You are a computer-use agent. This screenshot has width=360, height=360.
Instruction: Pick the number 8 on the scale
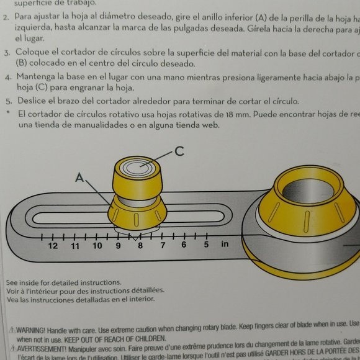[140, 246]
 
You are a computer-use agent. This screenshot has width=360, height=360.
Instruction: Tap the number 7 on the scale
[163, 245]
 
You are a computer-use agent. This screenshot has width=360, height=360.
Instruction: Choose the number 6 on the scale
[184, 245]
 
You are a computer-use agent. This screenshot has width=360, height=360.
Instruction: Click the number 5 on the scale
[206, 245]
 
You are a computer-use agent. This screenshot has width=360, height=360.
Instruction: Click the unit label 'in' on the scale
[225, 244]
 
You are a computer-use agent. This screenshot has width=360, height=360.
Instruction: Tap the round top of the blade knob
[138, 166]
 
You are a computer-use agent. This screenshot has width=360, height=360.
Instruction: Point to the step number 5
[7, 102]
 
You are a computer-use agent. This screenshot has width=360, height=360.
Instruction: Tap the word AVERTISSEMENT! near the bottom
[41, 348]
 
